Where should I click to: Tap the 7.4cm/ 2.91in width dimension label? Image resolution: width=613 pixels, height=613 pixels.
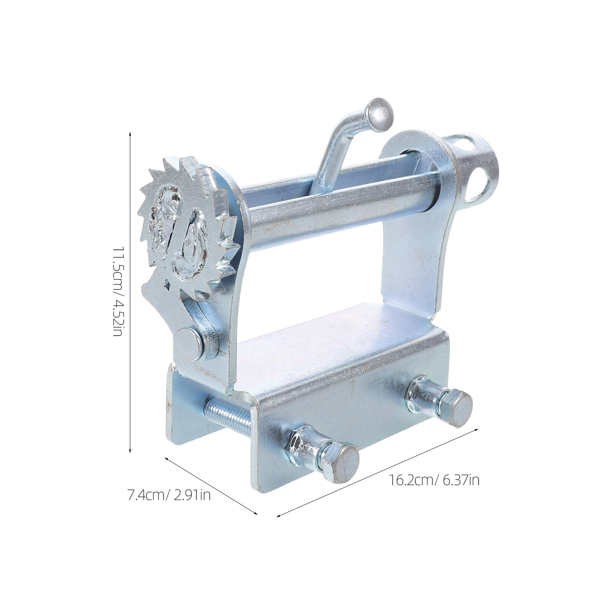pyautogui.click(x=169, y=496)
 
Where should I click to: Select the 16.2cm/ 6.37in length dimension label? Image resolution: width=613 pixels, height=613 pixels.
pyautogui.click(x=434, y=480)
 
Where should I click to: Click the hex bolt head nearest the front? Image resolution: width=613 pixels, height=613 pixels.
pyautogui.click(x=341, y=463)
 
